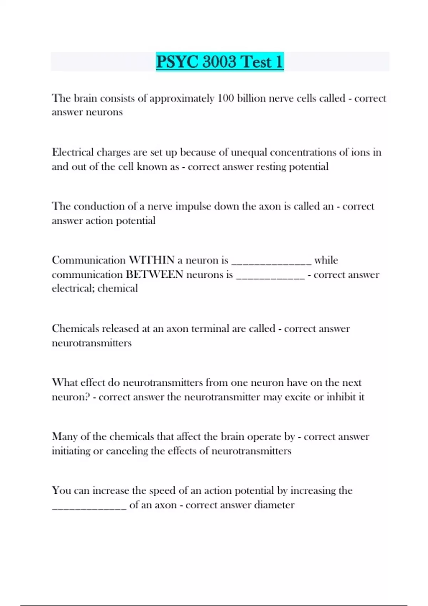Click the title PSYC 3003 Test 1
(x=220, y=62)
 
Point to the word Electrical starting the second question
(x=73, y=152)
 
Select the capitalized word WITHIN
(x=152, y=260)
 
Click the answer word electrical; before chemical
(x=73, y=288)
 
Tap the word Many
(x=65, y=437)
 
